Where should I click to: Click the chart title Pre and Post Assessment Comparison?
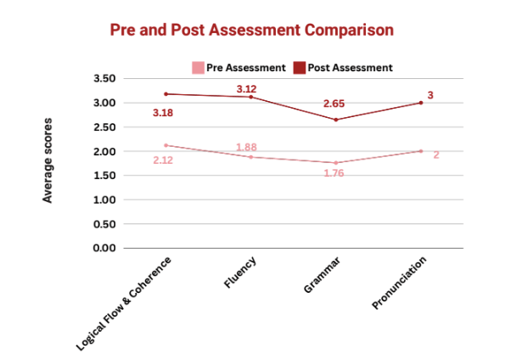(x=252, y=30)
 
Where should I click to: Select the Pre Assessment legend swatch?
(x=198, y=68)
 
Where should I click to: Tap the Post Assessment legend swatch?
(x=300, y=68)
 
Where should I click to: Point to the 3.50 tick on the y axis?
(x=104, y=78)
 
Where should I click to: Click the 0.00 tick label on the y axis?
(x=104, y=248)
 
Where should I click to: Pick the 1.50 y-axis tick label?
(x=104, y=175)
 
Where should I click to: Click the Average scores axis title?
(x=48, y=160)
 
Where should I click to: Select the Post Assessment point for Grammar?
(x=336, y=120)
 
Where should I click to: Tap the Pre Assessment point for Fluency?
(x=251, y=157)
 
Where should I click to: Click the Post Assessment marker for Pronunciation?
(x=421, y=103)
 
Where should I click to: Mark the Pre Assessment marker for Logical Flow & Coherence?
(x=166, y=145)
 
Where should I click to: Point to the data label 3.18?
(x=163, y=113)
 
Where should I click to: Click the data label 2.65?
(x=334, y=104)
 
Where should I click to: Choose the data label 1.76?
(x=334, y=173)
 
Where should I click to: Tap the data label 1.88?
(x=246, y=147)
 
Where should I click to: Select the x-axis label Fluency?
(x=240, y=272)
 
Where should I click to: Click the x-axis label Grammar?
(x=322, y=275)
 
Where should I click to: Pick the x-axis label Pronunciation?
(x=400, y=283)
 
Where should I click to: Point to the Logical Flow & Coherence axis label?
(x=124, y=304)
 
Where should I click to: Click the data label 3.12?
(x=246, y=89)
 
